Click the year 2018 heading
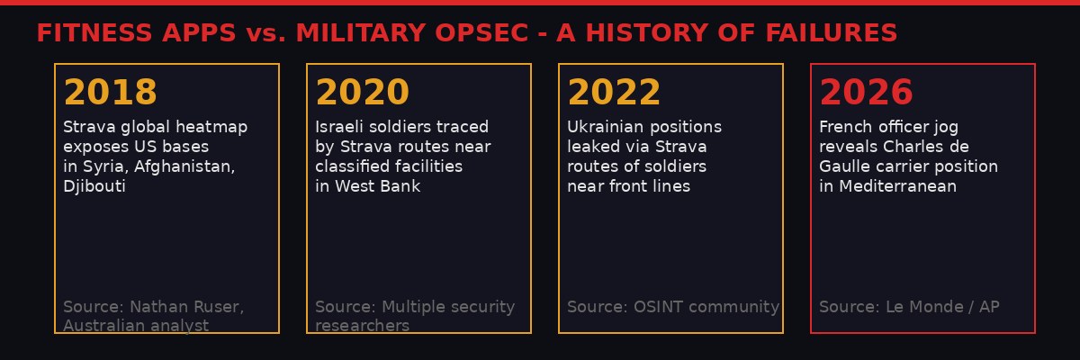(110, 93)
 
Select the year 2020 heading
(362, 93)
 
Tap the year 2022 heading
(614, 93)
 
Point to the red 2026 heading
(866, 93)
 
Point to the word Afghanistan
(190, 166)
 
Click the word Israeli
(340, 127)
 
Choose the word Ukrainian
(607, 127)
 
